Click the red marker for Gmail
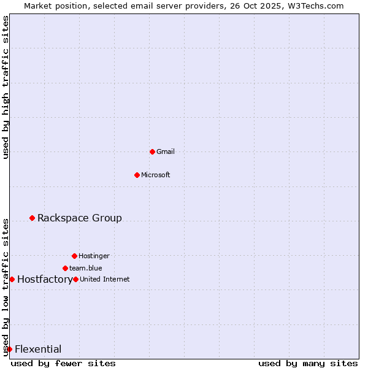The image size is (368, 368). tap(152, 151)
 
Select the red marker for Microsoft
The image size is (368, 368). tap(137, 175)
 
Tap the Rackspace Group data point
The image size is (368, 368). tap(32, 218)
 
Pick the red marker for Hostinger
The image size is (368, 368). tap(74, 256)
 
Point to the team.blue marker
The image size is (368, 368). tap(65, 268)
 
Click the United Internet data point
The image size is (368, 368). tap(75, 279)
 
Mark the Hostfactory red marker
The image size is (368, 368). tap(12, 279)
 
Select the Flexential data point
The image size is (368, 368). tap(9, 349)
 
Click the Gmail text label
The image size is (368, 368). tap(166, 151)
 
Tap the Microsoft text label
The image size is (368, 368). tap(156, 175)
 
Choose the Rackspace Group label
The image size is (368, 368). tap(80, 218)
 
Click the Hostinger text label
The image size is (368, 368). tap(94, 256)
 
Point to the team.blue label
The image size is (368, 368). tap(86, 268)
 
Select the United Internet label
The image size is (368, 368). tap(105, 279)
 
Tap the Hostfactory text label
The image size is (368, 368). tap(45, 280)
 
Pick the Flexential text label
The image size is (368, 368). tap(38, 350)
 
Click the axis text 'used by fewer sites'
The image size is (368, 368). tap(63, 363)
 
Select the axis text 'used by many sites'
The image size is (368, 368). tap(308, 363)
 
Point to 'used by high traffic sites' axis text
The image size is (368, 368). tap(6, 87)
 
